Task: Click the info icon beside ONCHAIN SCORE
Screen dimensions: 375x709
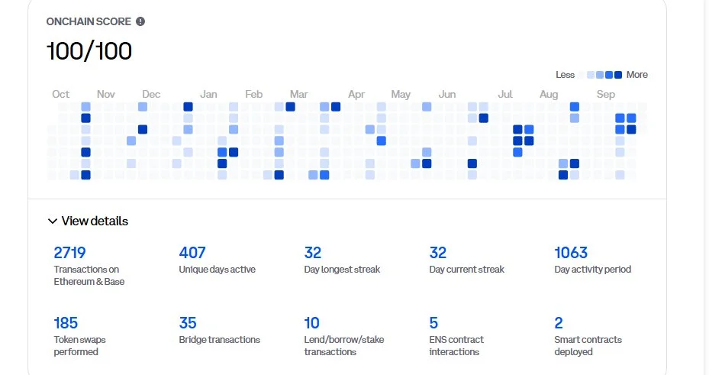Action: point(140,21)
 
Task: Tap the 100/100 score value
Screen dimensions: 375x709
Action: point(89,51)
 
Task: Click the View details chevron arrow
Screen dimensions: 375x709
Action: point(53,221)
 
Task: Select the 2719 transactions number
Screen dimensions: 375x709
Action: point(69,253)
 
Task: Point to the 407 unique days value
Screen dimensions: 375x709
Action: point(192,253)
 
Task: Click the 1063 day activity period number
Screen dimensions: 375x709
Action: point(571,253)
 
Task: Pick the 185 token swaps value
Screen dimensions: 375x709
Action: point(66,323)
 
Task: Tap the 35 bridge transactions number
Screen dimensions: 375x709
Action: point(188,323)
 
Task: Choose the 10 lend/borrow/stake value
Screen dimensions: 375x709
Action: point(311,323)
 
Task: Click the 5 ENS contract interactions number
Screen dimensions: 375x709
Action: point(433,323)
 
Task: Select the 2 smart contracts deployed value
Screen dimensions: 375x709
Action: point(559,323)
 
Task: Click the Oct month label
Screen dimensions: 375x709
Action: point(61,94)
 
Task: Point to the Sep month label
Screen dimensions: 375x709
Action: point(606,94)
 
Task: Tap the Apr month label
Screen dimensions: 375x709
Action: point(356,94)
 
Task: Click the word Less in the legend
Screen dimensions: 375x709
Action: point(566,75)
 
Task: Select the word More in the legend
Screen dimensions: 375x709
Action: point(636,75)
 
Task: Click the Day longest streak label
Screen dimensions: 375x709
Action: point(342,270)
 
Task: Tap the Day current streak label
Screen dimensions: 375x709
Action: point(467,270)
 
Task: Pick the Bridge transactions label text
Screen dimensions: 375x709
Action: point(220,340)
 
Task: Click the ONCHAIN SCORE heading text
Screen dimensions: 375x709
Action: point(89,21)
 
